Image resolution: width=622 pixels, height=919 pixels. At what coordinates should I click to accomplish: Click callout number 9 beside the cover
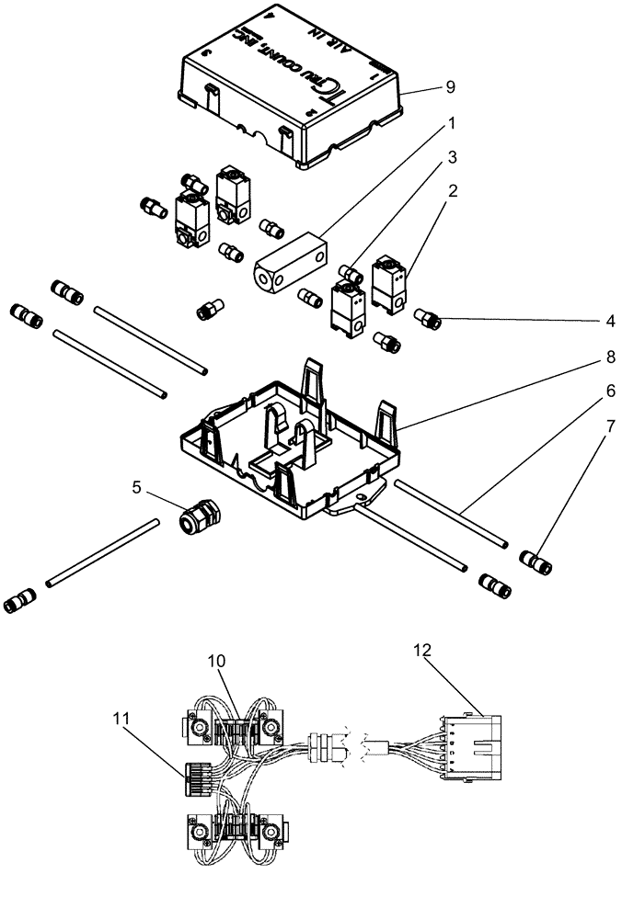(x=450, y=87)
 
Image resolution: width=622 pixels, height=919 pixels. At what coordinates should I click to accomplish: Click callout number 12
(x=421, y=649)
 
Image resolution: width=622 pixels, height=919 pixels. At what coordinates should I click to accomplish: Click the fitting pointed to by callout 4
(x=429, y=321)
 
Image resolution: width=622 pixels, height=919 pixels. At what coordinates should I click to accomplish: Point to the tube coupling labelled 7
(x=536, y=562)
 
